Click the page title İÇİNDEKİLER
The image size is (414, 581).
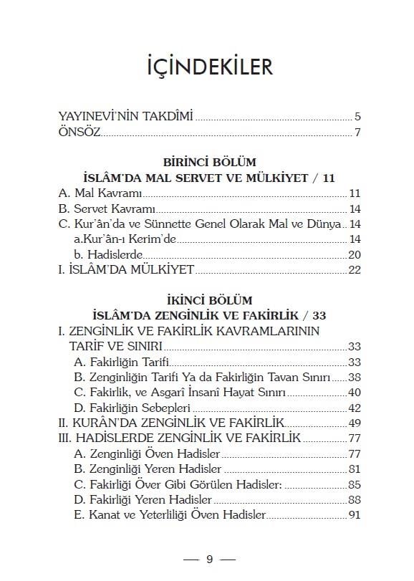[207, 67]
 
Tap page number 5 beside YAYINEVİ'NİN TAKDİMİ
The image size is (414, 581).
[357, 117]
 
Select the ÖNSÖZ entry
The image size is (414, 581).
[80, 133]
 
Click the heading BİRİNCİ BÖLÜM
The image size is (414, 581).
[206, 163]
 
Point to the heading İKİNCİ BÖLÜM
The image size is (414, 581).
[206, 299]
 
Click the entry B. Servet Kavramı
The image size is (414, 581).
[107, 209]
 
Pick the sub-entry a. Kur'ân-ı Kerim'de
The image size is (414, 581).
[122, 239]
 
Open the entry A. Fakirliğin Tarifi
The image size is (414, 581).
[120, 362]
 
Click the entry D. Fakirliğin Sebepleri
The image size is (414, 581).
[130, 408]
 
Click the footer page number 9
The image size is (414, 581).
[209, 559]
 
